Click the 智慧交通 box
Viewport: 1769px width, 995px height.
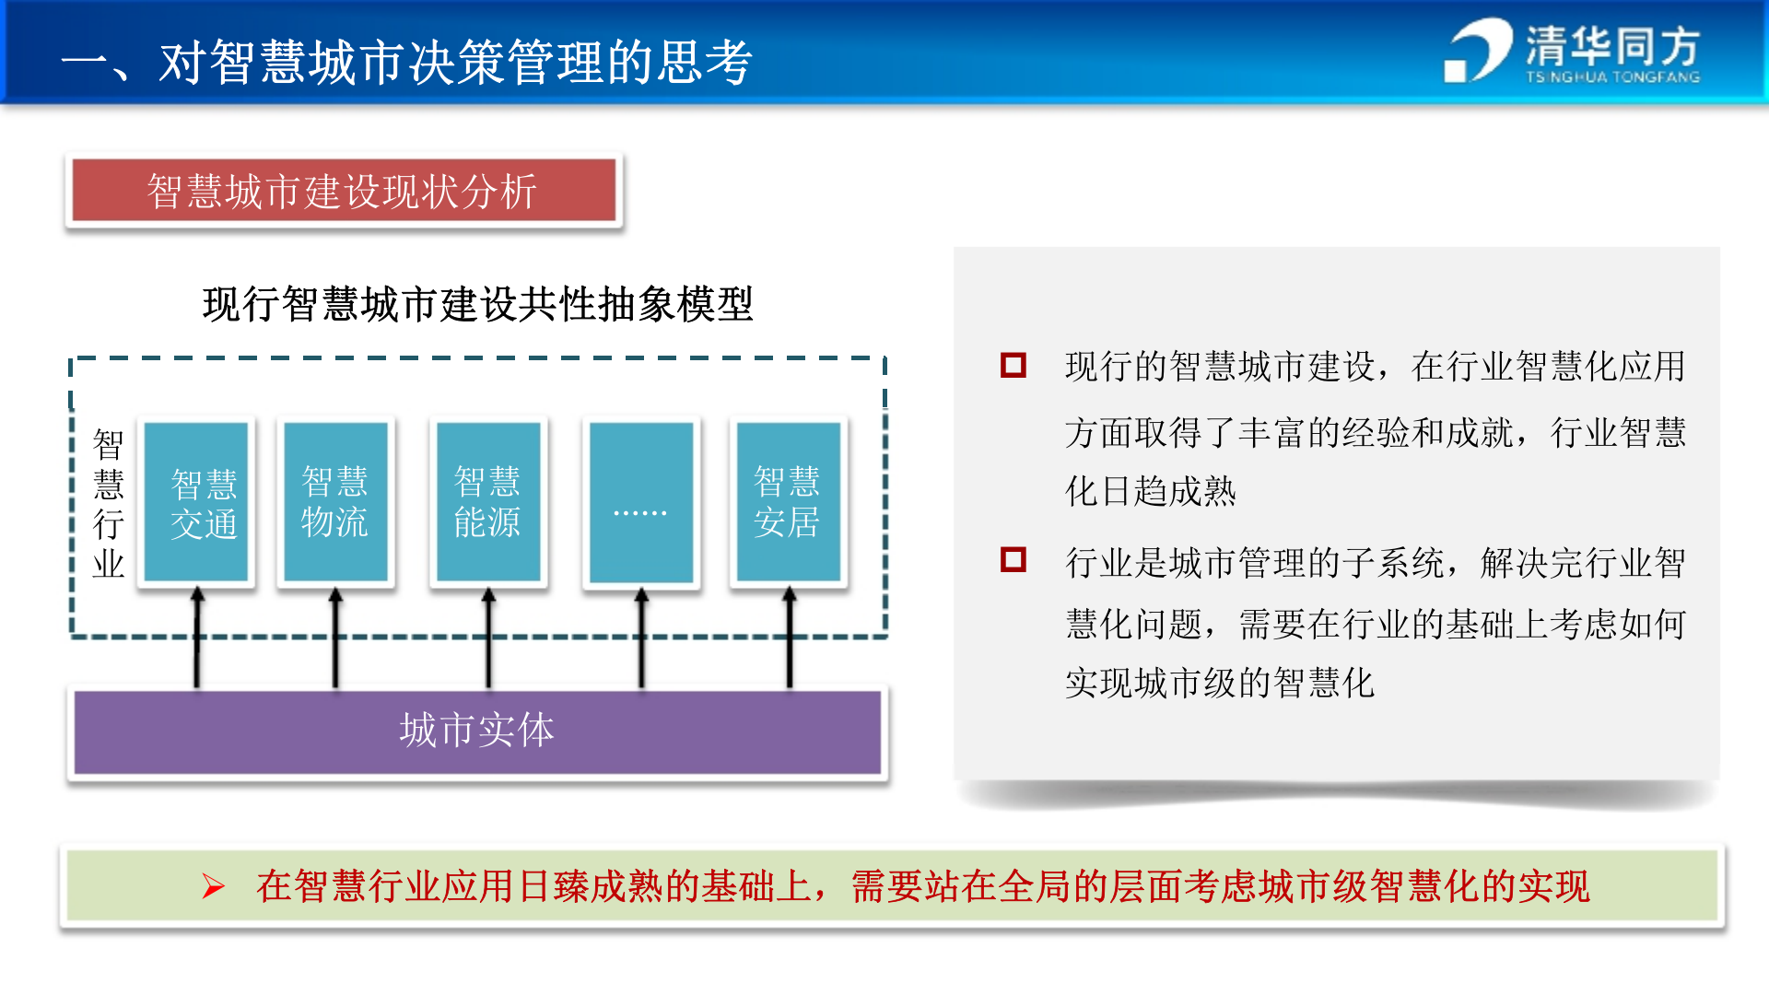(x=196, y=502)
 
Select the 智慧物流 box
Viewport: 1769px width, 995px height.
(x=335, y=502)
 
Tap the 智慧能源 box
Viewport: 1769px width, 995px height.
(x=488, y=502)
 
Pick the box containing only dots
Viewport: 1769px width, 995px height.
(x=641, y=502)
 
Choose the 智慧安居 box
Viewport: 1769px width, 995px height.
(x=789, y=502)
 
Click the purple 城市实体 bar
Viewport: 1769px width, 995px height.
(x=476, y=732)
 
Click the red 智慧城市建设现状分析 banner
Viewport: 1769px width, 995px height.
(x=344, y=191)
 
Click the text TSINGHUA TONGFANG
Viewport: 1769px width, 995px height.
(x=1612, y=77)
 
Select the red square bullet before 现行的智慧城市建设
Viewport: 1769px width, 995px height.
(x=1013, y=365)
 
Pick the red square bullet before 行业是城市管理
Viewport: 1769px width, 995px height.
(x=1013, y=559)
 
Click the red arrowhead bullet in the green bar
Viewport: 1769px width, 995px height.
(x=213, y=886)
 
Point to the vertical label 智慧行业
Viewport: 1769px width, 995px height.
(x=108, y=503)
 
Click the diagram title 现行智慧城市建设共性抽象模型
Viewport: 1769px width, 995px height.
(x=477, y=304)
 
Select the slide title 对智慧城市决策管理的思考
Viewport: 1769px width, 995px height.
(x=455, y=63)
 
